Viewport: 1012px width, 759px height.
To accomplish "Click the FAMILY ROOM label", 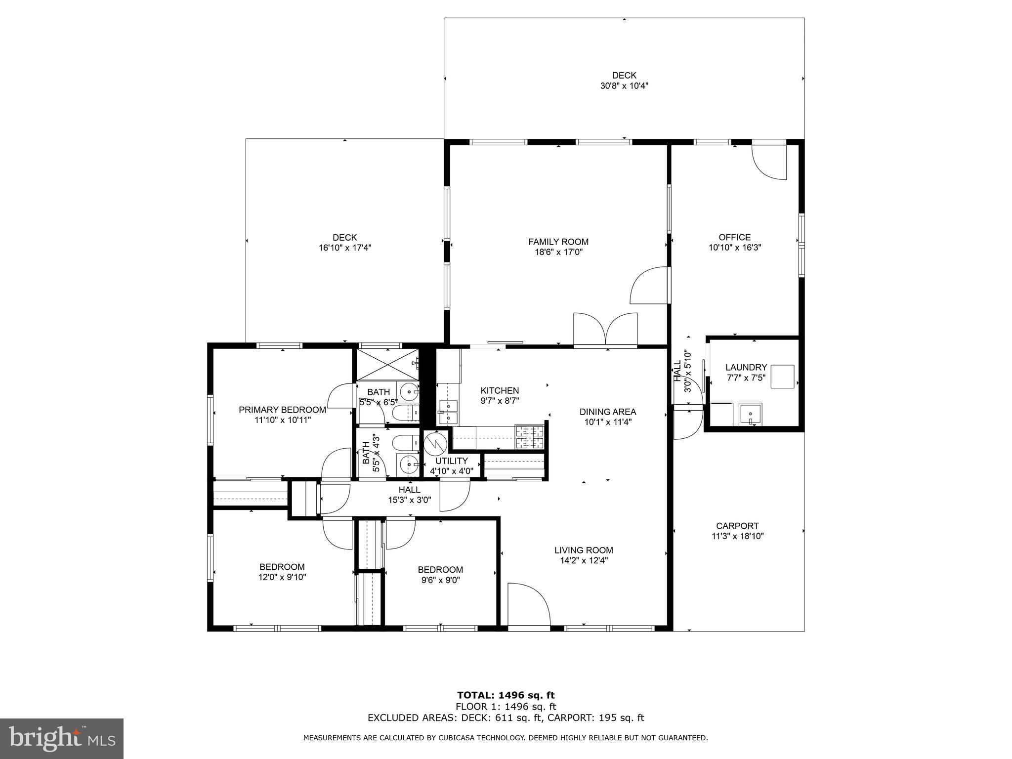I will tap(558, 242).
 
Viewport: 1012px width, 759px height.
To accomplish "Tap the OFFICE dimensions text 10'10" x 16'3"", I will tap(735, 248).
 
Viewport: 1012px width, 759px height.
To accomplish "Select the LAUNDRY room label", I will tap(746, 367).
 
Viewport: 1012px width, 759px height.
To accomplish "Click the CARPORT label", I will tap(737, 526).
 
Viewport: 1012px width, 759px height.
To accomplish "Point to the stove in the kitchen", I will tap(529, 437).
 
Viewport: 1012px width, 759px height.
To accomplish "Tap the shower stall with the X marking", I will tap(387, 364).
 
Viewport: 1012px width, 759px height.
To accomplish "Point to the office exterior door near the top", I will tap(768, 161).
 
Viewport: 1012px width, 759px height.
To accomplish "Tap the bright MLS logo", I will tap(62, 738).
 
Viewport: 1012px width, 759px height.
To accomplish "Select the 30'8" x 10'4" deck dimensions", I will tap(624, 86).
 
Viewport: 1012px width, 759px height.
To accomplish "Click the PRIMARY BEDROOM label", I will tap(282, 410).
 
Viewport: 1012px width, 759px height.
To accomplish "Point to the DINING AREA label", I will tap(607, 412).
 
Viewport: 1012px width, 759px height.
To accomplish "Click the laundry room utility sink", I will tap(750, 414).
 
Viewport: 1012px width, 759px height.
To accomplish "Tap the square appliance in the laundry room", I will tap(783, 377).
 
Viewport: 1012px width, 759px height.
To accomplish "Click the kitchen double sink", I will tap(448, 412).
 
